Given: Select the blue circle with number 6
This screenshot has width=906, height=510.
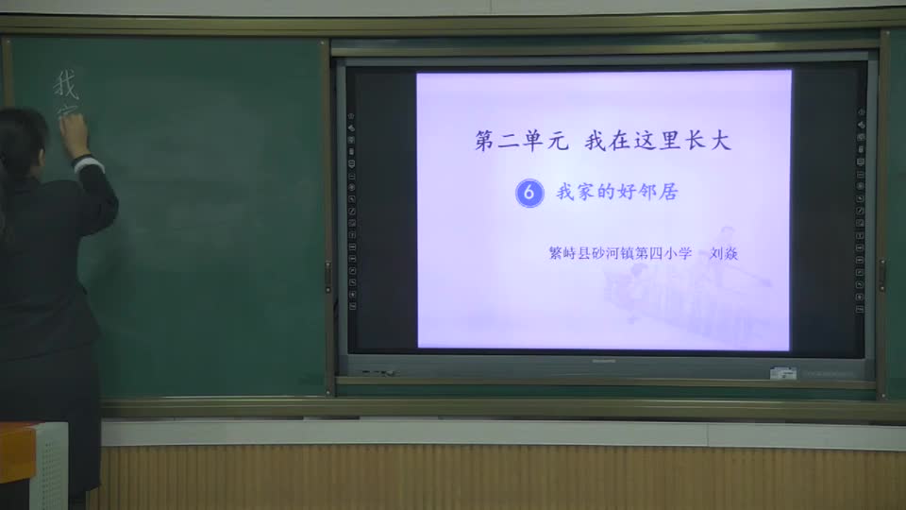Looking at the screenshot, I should (x=529, y=193).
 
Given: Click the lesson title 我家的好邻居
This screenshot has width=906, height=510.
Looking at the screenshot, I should (x=617, y=193).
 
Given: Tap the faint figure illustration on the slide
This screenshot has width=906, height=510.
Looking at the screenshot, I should (x=698, y=283).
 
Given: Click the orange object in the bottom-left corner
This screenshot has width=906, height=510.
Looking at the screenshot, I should (x=16, y=452).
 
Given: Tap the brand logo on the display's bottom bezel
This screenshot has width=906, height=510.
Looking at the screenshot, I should (x=602, y=361).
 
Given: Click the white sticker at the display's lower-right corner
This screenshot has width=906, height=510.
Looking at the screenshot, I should (x=782, y=372).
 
